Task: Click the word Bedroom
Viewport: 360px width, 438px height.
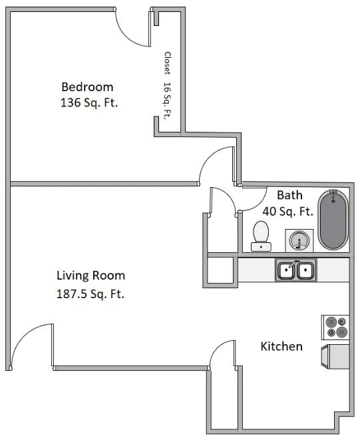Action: pos(87,87)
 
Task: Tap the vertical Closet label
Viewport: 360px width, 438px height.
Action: pos(168,64)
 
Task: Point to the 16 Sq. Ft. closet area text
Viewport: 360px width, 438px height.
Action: pos(168,100)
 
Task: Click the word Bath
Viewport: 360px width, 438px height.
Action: pos(289,195)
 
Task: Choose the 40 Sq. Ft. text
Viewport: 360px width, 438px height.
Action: pos(287,212)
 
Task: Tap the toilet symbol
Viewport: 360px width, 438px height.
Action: pos(261,236)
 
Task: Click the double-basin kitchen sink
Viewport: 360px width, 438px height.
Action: pos(296,270)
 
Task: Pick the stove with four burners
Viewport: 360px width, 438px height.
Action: pos(335,326)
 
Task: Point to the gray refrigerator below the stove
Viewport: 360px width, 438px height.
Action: pos(336,357)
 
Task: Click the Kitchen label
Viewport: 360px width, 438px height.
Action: pos(281,346)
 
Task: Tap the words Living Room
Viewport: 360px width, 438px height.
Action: pos(90,275)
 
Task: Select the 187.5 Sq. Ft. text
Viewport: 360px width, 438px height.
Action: pos(90,293)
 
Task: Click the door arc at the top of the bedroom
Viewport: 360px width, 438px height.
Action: pos(132,28)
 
